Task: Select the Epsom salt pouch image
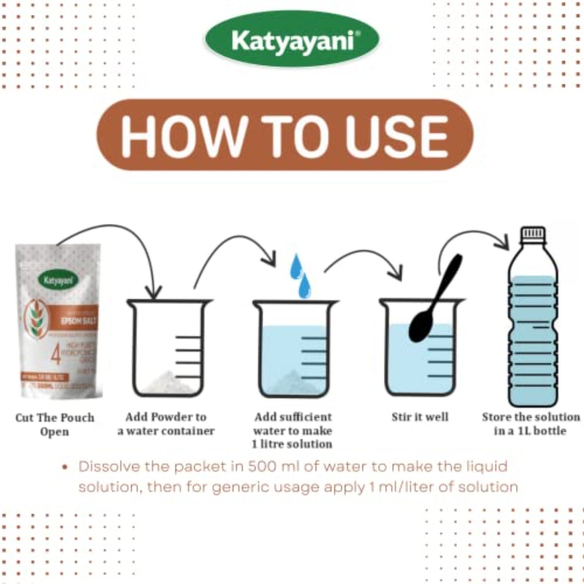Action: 59,321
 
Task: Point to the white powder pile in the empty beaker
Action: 169,379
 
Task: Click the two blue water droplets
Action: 301,275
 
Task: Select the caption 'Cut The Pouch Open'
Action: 55,424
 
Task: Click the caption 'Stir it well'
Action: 420,417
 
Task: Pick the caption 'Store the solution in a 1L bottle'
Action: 530,424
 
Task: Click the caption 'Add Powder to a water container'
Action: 166,424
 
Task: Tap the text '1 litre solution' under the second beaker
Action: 292,444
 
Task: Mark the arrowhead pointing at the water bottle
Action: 503,242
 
